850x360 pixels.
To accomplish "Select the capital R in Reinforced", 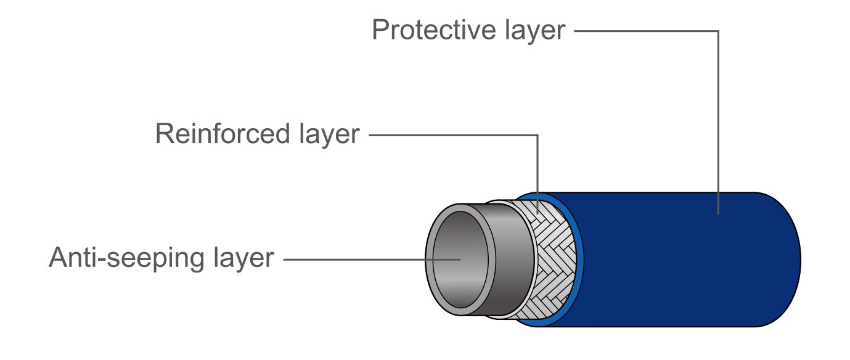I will point(163,134).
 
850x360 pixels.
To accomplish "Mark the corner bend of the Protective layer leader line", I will point(718,31).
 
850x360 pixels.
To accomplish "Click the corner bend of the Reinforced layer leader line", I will point(537,135).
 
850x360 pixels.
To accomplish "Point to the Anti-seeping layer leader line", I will point(370,260).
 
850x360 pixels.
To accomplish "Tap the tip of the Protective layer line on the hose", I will point(718,213).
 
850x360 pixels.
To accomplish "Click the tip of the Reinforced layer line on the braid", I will point(537,213).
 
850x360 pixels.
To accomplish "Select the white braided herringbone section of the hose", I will point(552,259).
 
